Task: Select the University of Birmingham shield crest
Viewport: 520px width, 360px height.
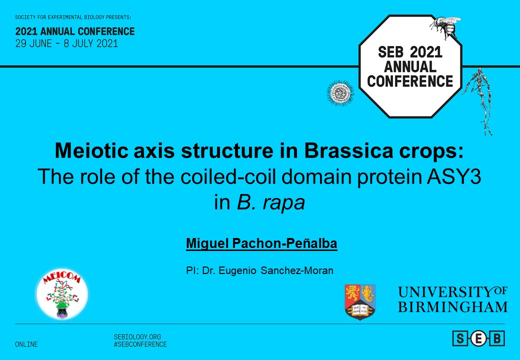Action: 360,301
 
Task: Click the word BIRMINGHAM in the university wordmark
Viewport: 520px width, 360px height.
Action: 452,306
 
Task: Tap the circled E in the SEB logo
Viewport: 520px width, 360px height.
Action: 478,338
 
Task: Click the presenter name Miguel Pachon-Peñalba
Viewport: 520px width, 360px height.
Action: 261,244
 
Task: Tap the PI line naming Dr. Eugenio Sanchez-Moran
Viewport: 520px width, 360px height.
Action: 259,270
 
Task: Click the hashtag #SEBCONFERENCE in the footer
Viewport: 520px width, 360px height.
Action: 140,344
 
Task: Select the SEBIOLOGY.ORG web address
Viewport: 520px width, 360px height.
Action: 137,337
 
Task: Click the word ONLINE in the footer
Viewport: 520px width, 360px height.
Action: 26,344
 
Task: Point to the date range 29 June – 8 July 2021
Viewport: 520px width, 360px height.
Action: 66,43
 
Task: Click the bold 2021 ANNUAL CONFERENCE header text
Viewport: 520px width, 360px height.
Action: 75,31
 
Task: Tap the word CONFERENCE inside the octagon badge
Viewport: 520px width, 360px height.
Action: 410,81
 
